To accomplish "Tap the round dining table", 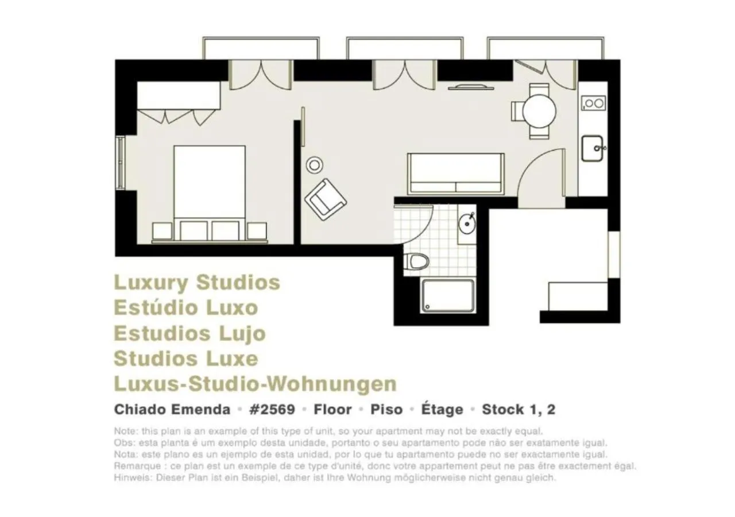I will click(x=539, y=110).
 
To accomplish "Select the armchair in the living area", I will click(x=325, y=199).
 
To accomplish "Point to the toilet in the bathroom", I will click(x=416, y=261).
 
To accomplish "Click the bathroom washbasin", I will click(x=467, y=224).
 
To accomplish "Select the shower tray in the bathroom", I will click(x=448, y=296).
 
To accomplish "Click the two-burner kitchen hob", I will click(x=593, y=103).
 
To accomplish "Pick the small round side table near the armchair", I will click(x=314, y=165).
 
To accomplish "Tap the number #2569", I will click(x=272, y=410).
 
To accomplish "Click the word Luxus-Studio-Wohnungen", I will click(x=255, y=383).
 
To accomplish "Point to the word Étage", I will click(x=442, y=410).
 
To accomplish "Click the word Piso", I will click(x=386, y=410).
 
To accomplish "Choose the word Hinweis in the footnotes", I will click(x=130, y=477).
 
